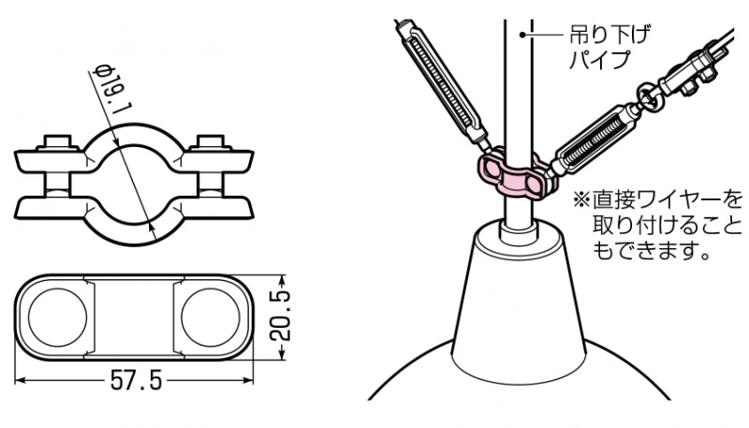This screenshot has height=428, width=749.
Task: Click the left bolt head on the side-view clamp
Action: point(56,143)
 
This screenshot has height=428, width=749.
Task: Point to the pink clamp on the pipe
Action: point(511,173)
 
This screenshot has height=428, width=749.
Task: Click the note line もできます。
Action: point(650,251)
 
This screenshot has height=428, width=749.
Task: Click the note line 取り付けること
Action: point(666,226)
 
